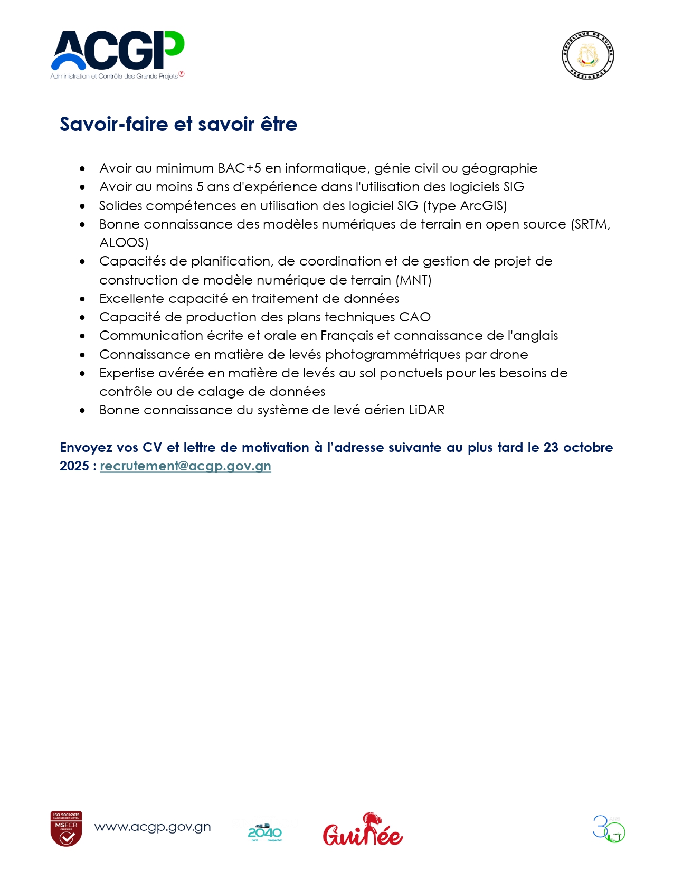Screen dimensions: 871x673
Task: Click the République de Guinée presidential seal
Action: click(587, 55)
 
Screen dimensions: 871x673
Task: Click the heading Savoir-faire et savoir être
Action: click(178, 124)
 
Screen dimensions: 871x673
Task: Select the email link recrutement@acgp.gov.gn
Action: click(185, 466)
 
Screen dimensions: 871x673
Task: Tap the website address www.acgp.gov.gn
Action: click(153, 827)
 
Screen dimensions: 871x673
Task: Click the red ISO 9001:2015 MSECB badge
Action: click(67, 828)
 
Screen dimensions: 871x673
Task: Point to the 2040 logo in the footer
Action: click(264, 832)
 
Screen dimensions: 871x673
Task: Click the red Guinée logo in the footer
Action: click(363, 830)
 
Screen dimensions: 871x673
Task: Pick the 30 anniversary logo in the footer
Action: click(609, 829)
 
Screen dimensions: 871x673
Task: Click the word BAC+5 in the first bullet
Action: click(240, 168)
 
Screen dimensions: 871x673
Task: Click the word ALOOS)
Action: click(124, 243)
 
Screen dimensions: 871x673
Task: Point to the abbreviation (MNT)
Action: click(413, 280)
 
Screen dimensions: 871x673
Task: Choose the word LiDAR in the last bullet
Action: click(426, 410)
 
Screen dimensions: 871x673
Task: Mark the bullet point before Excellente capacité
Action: click(82, 299)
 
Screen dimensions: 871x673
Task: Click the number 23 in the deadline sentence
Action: click(551, 448)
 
